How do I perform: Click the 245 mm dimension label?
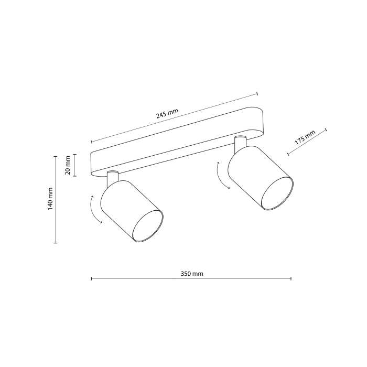tap(167, 115)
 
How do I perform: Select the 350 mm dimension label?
tap(191, 274)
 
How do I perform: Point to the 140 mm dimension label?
tap(50, 199)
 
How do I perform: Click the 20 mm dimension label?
tap(67, 165)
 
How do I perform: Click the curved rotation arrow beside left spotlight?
tap(94, 210)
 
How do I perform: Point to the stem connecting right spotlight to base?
tap(240, 142)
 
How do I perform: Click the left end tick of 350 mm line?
tap(92, 279)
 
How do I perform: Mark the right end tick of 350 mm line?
tap(292, 279)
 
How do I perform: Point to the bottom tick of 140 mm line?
tap(56, 243)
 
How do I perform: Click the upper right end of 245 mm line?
tap(257, 94)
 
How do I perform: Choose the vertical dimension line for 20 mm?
tap(74, 165)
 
